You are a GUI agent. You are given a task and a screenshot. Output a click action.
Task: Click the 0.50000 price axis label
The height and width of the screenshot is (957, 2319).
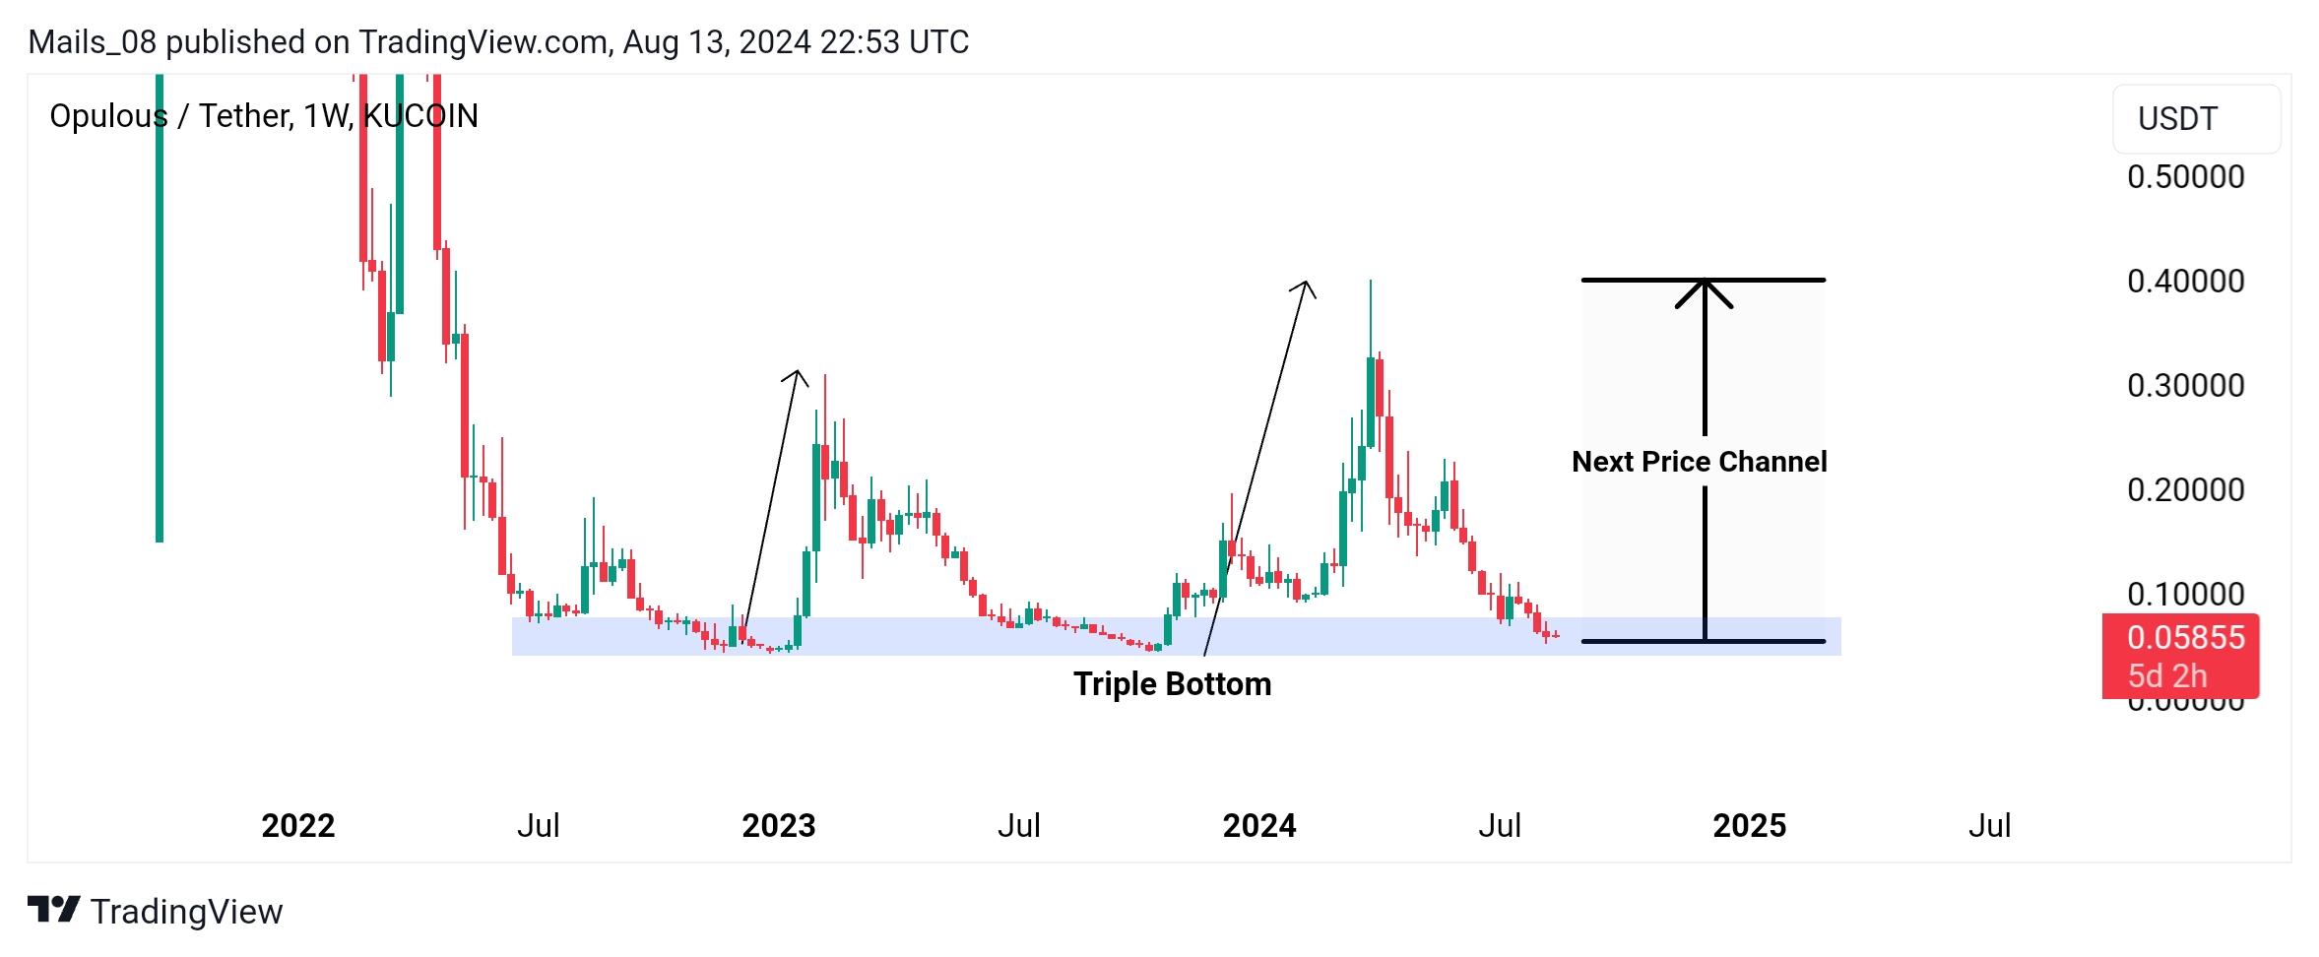click(x=2185, y=177)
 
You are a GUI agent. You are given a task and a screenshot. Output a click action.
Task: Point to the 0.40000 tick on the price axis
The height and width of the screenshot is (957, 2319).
click(x=2185, y=282)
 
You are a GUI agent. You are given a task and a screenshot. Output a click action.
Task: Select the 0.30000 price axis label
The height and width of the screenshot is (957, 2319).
click(x=2185, y=386)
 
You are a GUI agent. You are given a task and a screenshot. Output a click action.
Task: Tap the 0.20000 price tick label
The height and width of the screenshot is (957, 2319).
click(x=2185, y=490)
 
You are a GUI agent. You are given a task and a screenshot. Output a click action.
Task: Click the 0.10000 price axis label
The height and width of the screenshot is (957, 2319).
click(x=2185, y=595)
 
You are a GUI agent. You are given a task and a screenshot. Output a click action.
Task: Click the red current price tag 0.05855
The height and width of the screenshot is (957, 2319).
click(x=2185, y=638)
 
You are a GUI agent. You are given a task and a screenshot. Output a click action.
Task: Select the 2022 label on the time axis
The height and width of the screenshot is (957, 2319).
click(x=297, y=826)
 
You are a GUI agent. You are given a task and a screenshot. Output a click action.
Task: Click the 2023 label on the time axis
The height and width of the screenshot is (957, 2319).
click(x=778, y=826)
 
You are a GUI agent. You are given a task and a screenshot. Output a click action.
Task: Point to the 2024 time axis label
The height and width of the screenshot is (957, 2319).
click(x=1258, y=826)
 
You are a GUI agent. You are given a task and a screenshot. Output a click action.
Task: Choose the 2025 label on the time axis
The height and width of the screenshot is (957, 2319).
click(x=1749, y=826)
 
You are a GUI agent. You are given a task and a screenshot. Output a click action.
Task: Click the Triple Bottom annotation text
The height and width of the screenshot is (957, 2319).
click(x=1172, y=684)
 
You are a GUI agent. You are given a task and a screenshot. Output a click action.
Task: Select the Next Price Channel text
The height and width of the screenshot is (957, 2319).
click(x=1699, y=462)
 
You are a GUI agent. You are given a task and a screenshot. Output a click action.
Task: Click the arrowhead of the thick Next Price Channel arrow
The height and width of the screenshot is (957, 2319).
click(x=1704, y=288)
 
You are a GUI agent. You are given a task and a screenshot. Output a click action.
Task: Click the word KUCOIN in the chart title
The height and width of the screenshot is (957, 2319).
click(x=420, y=116)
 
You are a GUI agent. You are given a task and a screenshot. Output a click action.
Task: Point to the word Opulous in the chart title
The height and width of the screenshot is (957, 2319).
click(x=108, y=116)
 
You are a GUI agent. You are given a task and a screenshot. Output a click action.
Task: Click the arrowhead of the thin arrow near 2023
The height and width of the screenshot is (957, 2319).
click(x=798, y=374)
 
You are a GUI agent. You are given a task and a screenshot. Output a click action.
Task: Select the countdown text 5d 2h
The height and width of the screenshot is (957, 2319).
click(x=2166, y=677)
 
